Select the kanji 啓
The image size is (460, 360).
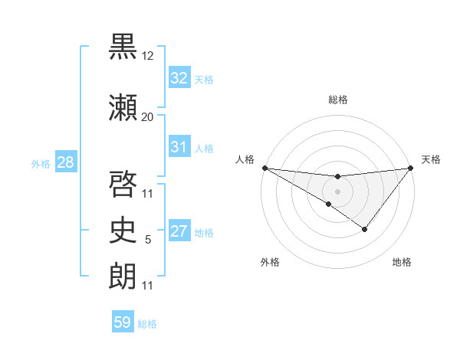click(x=124, y=182)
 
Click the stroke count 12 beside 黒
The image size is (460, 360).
click(x=147, y=57)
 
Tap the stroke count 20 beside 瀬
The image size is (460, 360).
click(x=147, y=116)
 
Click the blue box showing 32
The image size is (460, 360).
click(x=179, y=78)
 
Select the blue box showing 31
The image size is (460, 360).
click(x=179, y=147)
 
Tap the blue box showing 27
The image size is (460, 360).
click(x=179, y=232)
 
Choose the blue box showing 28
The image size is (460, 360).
click(x=65, y=162)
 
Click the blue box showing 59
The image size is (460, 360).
click(x=123, y=322)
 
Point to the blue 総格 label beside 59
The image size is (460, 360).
click(x=147, y=324)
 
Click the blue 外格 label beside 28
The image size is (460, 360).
click(x=41, y=163)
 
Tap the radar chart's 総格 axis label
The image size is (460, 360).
click(x=337, y=100)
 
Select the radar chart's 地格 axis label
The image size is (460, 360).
click(x=402, y=262)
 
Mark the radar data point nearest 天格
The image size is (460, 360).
click(x=411, y=168)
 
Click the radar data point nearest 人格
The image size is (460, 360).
click(x=264, y=168)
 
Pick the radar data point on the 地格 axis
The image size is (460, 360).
click(x=365, y=229)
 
